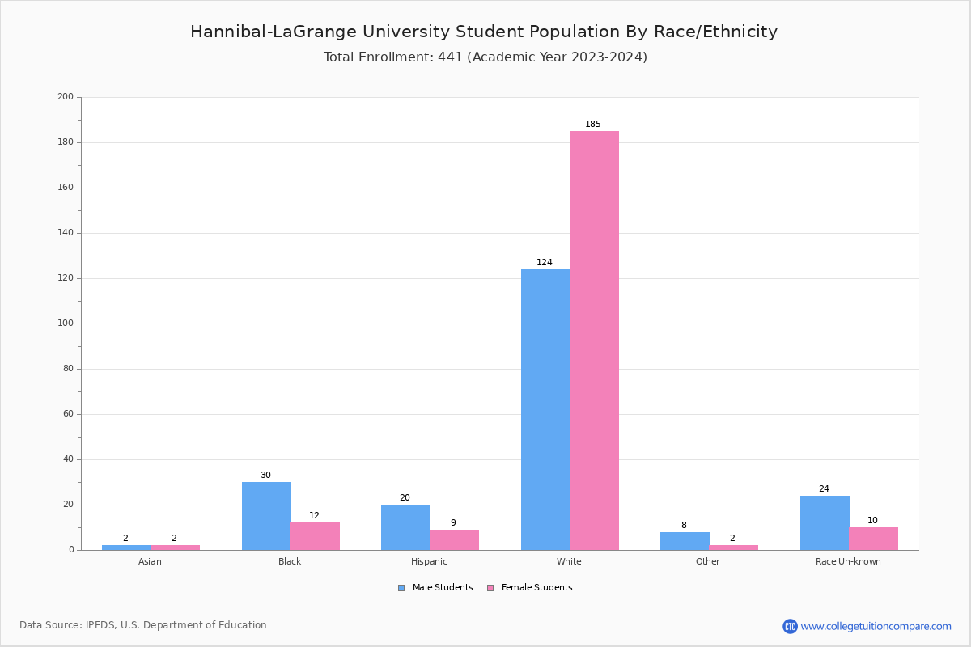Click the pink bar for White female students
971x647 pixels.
click(594, 340)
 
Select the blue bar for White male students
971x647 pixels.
click(545, 409)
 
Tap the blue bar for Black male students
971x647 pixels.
click(266, 516)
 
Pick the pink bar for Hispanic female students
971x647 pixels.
click(454, 540)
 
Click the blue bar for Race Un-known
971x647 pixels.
click(825, 523)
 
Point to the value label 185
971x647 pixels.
click(593, 125)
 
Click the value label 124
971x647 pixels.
click(545, 263)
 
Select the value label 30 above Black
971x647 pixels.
click(265, 476)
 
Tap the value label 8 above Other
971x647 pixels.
click(684, 526)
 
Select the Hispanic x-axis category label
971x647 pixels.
click(429, 561)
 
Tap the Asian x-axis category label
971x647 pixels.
click(150, 561)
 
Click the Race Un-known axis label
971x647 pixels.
click(848, 561)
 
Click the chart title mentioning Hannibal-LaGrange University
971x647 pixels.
click(484, 32)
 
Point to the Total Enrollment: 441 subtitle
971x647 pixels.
click(485, 57)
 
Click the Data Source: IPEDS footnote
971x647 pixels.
click(143, 625)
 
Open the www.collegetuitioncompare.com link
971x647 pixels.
click(876, 626)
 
